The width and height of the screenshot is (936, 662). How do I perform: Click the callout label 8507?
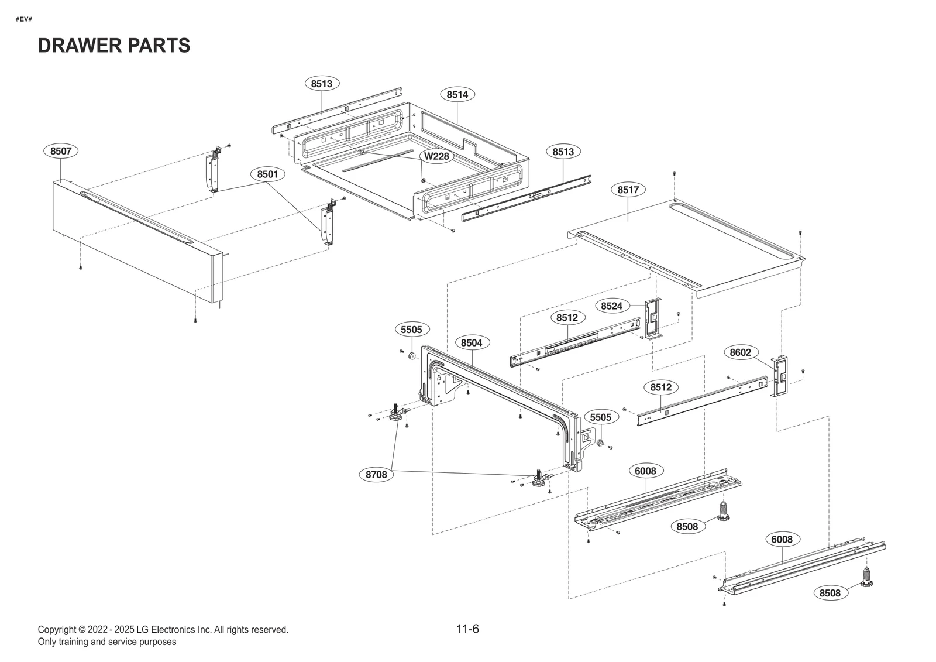click(61, 151)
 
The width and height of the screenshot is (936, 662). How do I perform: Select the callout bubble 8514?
click(457, 94)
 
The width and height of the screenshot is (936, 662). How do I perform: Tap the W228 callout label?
click(436, 156)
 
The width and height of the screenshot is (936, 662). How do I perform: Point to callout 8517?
click(628, 190)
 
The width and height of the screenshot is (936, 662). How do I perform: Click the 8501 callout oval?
click(268, 174)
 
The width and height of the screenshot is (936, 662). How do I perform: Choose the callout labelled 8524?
click(612, 306)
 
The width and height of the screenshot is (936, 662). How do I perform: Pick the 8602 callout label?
click(741, 352)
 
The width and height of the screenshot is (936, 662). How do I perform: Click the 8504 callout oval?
click(472, 342)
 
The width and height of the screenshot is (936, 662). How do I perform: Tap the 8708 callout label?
click(376, 475)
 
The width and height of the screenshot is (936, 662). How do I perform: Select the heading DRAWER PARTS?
click(114, 46)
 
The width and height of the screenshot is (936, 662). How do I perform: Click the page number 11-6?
click(467, 629)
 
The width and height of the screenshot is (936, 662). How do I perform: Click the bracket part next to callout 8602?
click(780, 375)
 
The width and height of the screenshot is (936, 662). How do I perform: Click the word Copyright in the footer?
click(57, 630)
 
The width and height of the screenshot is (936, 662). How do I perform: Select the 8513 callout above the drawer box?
click(322, 84)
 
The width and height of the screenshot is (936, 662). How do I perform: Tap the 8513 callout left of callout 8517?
click(563, 152)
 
